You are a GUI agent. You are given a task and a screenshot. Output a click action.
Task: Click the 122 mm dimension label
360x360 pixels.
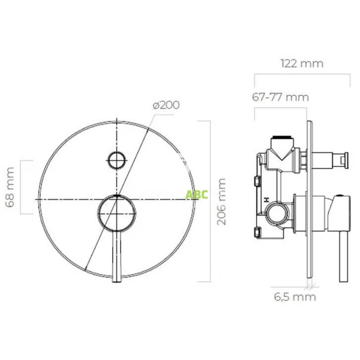coord(302,64)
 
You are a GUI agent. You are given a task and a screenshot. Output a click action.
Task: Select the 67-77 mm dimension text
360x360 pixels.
coord(280,97)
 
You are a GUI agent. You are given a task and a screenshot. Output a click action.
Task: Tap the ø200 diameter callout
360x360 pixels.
coord(166,105)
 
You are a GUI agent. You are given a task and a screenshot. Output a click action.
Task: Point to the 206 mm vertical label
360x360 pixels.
coord(221,202)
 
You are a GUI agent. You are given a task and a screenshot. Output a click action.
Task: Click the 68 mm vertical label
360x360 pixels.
coord(10,187)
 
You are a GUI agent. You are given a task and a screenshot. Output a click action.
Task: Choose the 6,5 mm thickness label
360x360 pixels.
coord(295,297)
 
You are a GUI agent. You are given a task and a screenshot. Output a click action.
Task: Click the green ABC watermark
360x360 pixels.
coord(197,194)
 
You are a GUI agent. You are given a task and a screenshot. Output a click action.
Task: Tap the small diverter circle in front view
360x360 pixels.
coord(117,160)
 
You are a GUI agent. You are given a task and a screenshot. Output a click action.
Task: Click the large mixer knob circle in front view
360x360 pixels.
coord(116,212)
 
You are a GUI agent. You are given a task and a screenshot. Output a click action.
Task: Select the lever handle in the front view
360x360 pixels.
coord(116,256)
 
